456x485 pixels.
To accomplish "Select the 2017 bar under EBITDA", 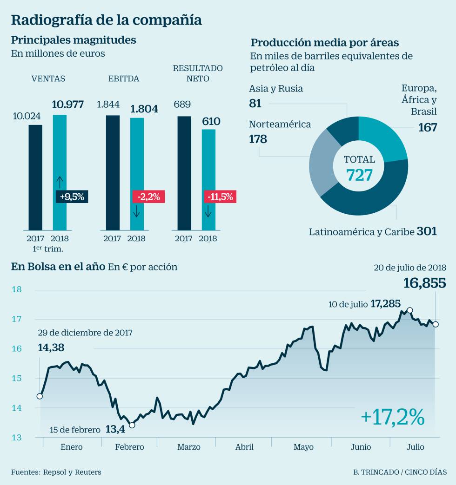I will point(113,172).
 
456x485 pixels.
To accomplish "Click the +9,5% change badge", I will point(72,197).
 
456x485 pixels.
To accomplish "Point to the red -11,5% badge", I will point(220,197).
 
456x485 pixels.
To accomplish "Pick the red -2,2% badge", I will point(148,197).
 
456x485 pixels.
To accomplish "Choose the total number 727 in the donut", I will point(359,175).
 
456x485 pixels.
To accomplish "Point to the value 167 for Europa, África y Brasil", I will point(427,127).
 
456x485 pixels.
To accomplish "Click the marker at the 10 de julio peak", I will point(410,310).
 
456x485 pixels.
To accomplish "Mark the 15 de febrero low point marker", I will point(132,425).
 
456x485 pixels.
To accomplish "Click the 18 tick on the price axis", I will point(16,289).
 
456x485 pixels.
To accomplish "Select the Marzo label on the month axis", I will point(189,447).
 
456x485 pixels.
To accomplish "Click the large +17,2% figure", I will point(393,417).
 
